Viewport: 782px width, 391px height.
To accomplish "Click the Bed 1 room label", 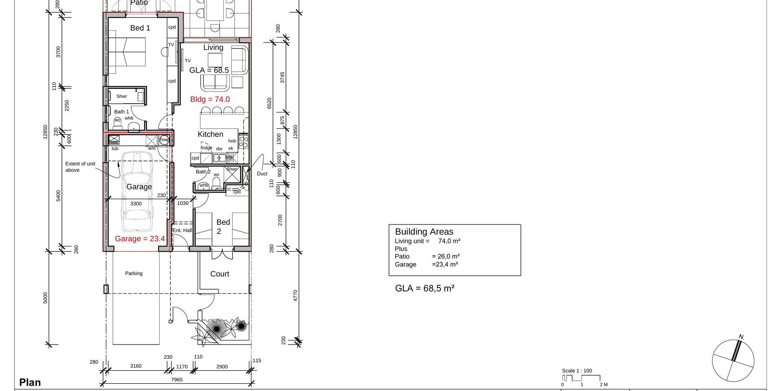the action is [x=140, y=28].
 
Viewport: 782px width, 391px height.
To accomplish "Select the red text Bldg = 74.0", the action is [x=210, y=99].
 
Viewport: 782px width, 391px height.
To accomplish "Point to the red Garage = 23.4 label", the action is [x=140, y=239].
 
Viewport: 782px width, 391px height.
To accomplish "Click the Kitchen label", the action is [x=211, y=134].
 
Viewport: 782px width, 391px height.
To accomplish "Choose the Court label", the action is [x=220, y=274].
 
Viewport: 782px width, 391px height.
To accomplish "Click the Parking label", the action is [x=134, y=274].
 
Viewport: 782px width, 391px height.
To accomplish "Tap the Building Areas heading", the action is [x=424, y=232].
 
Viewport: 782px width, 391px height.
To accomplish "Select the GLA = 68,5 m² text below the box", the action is [x=425, y=288].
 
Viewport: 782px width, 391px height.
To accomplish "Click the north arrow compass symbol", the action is [x=733, y=360].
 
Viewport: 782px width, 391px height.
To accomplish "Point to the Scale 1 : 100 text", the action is [x=577, y=371].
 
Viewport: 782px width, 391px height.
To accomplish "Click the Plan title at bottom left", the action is [x=30, y=382].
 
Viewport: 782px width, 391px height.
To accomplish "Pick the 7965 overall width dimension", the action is [x=177, y=380].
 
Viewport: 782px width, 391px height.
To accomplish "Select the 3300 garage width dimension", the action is [x=136, y=204].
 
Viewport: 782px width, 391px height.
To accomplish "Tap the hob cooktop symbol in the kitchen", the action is [x=244, y=141].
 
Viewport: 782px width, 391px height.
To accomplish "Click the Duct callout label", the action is [x=262, y=174].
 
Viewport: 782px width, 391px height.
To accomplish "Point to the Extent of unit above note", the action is [x=80, y=167].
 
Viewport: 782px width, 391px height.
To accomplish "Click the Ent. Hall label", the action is [x=182, y=231].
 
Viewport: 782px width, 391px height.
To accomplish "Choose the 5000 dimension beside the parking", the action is [x=45, y=298].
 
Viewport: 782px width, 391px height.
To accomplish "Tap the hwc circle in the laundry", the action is [x=164, y=140].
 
